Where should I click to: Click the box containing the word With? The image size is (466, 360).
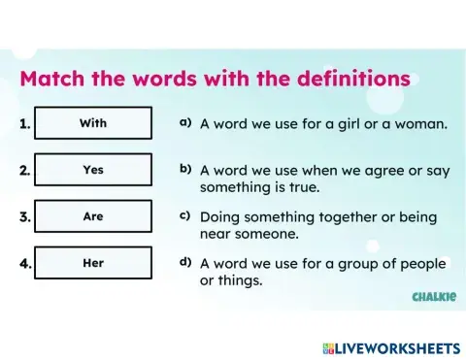click(93, 123)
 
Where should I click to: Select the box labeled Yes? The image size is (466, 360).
click(93, 170)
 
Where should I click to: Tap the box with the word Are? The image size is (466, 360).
click(93, 216)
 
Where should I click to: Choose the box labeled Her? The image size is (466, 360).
click(93, 263)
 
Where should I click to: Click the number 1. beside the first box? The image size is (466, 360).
click(25, 124)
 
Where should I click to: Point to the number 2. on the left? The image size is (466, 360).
click(25, 171)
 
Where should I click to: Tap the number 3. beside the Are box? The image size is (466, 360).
click(25, 217)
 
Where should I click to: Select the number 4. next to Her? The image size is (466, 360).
click(25, 264)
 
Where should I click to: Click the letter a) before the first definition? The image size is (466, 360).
click(184, 123)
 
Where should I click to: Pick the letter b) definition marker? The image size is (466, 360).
click(184, 169)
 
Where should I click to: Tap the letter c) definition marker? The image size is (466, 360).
click(184, 215)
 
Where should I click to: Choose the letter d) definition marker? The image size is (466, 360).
click(184, 262)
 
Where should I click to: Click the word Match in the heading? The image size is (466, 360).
click(54, 79)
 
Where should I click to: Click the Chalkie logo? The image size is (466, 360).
click(433, 296)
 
